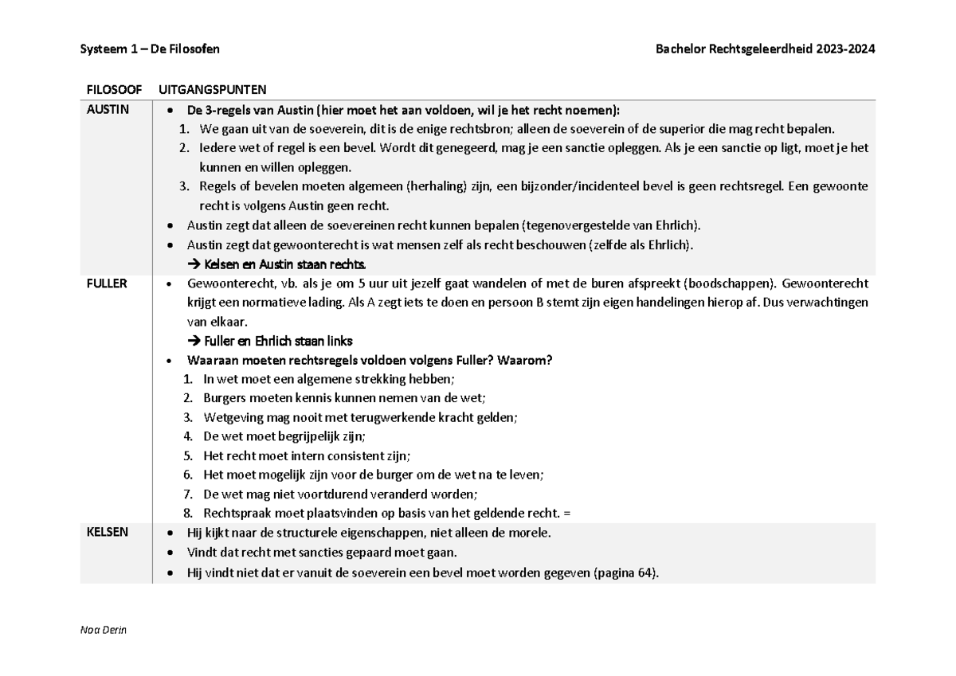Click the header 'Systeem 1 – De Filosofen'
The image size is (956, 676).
150,49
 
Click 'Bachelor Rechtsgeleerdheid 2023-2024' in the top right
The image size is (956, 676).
765,49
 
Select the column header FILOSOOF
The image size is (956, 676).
114,89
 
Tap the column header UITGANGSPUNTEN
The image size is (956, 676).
213,89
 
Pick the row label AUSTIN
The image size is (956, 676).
108,110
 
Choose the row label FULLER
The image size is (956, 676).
107,283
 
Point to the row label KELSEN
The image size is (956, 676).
107,533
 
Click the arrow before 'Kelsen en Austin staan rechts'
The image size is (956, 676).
194,264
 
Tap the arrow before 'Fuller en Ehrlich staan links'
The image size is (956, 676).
194,341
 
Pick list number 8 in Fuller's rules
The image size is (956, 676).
187,514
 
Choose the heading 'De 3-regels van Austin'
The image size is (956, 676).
250,110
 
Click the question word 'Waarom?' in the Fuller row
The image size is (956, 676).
529,360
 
